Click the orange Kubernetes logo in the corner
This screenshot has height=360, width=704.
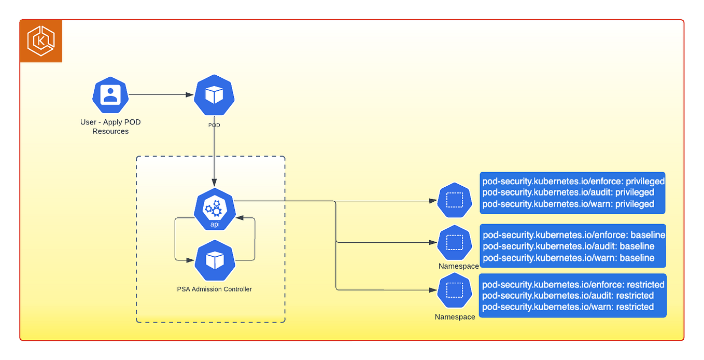pyautogui.click(x=41, y=41)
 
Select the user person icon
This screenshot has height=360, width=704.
pyautogui.click(x=110, y=95)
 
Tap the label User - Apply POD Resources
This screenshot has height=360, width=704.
pyautogui.click(x=110, y=127)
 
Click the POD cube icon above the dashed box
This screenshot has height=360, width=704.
pyautogui.click(x=214, y=95)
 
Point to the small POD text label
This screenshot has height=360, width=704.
pyautogui.click(x=214, y=125)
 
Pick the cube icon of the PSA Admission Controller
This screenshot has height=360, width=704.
pyautogui.click(x=215, y=259)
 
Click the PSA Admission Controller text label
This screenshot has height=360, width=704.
pyautogui.click(x=215, y=289)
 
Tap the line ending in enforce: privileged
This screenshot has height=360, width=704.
pyautogui.click(x=573, y=182)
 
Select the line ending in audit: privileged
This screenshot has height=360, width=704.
pyautogui.click(x=568, y=192)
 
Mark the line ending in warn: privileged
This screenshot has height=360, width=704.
pyautogui.click(x=568, y=204)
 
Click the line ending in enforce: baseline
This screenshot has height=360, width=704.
pyautogui.click(x=573, y=235)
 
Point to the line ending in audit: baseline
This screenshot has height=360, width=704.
pyautogui.click(x=568, y=246)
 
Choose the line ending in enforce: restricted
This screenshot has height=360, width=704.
pyautogui.click(x=573, y=284)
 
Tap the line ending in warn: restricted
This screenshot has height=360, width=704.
pyautogui.click(x=568, y=307)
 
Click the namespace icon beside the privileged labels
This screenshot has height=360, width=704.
pyautogui.click(x=455, y=200)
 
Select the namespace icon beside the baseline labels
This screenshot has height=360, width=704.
pyautogui.click(x=455, y=242)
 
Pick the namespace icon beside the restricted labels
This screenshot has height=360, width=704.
pyautogui.click(x=455, y=290)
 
